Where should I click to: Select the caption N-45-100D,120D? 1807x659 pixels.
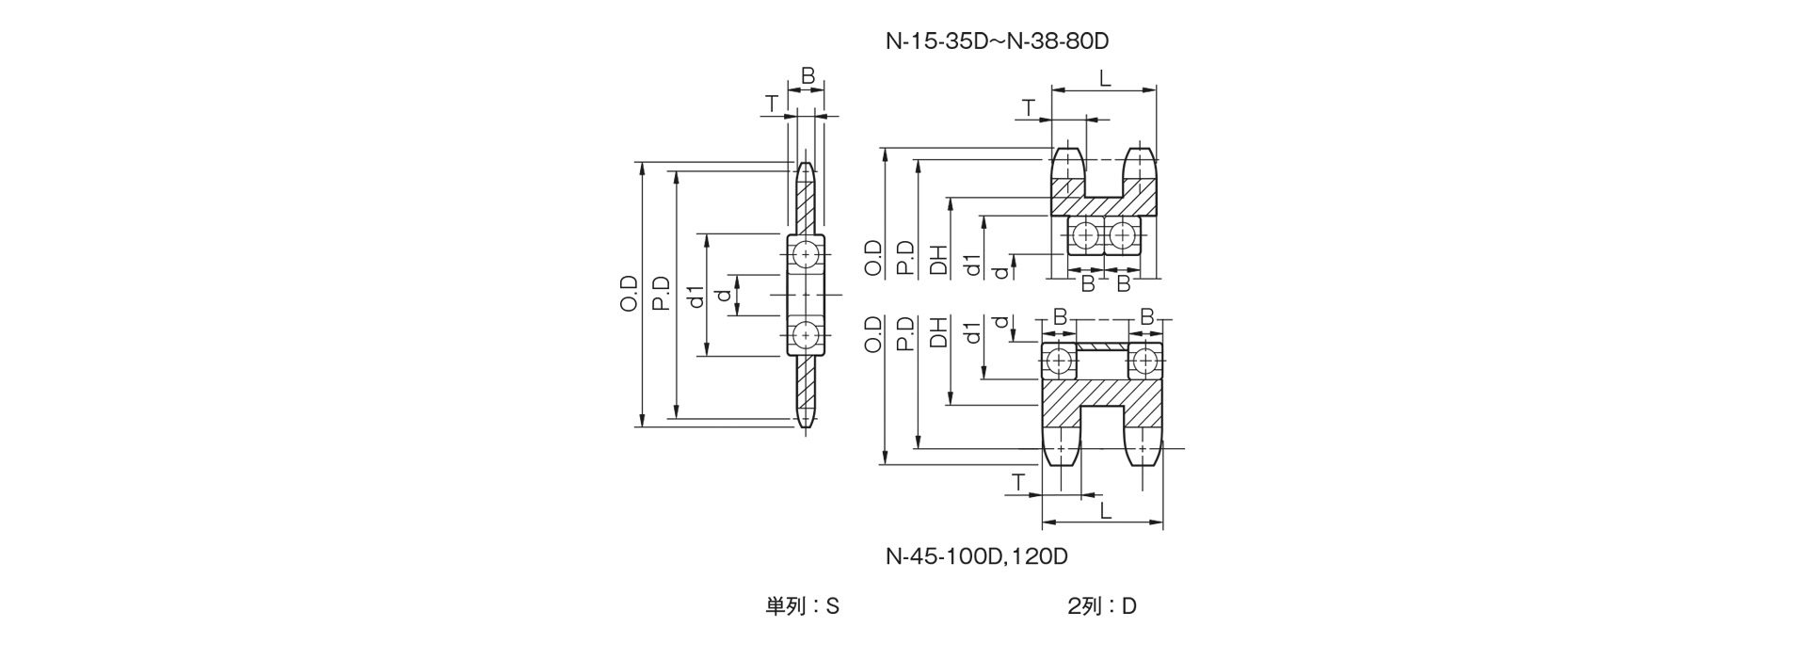[976, 556]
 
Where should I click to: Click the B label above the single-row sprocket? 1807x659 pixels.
[807, 76]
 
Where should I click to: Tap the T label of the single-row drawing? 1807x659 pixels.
[772, 104]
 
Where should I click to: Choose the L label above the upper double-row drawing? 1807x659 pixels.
[1105, 78]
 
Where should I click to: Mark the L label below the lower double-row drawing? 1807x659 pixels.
[1105, 511]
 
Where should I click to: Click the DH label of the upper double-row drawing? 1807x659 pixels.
[938, 258]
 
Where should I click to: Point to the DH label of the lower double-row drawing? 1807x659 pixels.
[938, 332]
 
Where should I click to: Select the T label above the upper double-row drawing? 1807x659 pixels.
[1029, 108]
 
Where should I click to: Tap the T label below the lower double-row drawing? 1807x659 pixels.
[1017, 483]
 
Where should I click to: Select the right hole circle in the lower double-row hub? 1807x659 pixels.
[1144, 361]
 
